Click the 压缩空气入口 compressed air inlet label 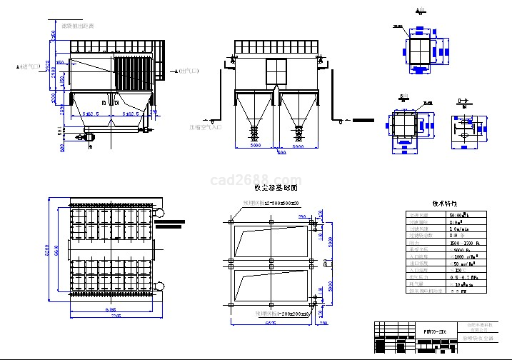pos(205,127)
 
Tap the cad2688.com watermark pos(256,179)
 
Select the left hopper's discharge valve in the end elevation pos(254,131)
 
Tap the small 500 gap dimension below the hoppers pos(281,152)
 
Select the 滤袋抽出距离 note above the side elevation pos(78,26)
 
